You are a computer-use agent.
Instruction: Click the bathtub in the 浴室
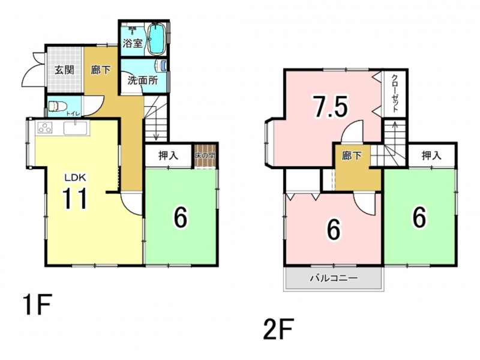(x=157, y=39)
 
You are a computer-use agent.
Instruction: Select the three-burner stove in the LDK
(x=44, y=127)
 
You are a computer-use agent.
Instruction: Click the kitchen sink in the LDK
(x=76, y=128)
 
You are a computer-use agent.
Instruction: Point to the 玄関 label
(x=65, y=70)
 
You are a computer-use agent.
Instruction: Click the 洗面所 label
(x=143, y=80)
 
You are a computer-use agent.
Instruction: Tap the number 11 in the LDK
(x=75, y=199)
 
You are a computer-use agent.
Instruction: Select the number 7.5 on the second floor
(x=330, y=106)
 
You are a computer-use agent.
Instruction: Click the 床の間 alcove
(x=205, y=155)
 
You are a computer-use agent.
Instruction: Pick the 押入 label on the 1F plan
(x=168, y=155)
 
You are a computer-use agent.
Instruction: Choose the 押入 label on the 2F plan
(x=431, y=155)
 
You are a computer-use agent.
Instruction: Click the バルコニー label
(x=334, y=278)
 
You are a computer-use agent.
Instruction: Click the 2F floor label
(x=278, y=329)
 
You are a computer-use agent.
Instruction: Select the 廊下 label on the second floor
(x=352, y=156)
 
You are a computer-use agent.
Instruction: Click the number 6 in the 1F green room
(x=181, y=217)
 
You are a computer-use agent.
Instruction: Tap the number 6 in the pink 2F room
(x=334, y=229)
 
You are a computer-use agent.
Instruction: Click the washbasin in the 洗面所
(x=161, y=65)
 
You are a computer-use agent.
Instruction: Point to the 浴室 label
(x=133, y=43)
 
